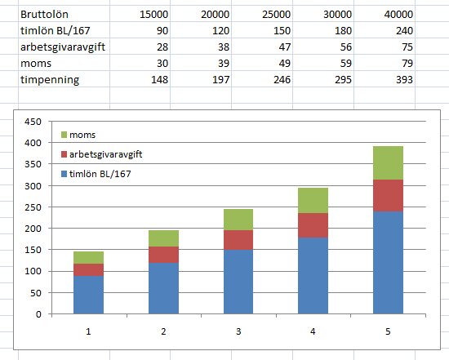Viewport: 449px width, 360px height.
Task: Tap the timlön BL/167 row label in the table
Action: pos(40,32)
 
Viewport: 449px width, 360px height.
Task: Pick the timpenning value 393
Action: pos(403,79)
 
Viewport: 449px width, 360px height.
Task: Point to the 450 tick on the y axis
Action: pos(32,122)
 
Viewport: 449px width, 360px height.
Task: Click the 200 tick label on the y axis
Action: pos(32,229)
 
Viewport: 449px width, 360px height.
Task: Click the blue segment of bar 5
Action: pos(389,261)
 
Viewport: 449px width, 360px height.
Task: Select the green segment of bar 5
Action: pos(389,163)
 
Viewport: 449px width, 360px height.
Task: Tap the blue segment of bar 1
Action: pos(88,294)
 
